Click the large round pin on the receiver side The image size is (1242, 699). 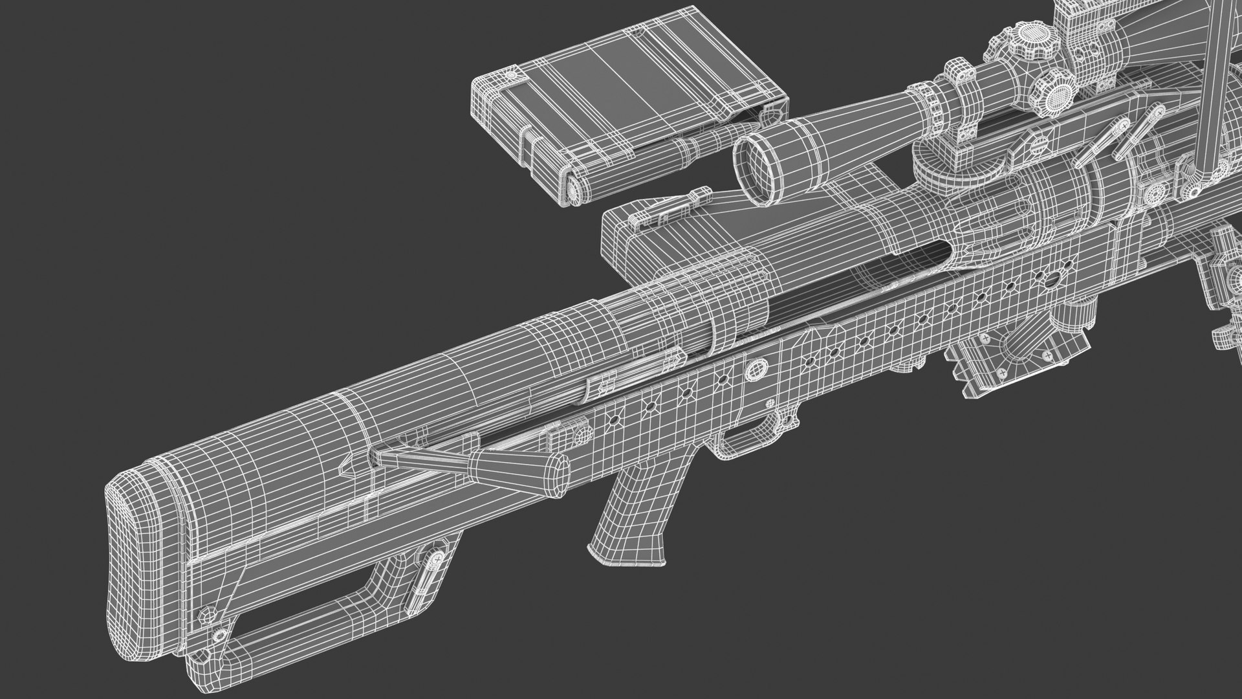point(754,370)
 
